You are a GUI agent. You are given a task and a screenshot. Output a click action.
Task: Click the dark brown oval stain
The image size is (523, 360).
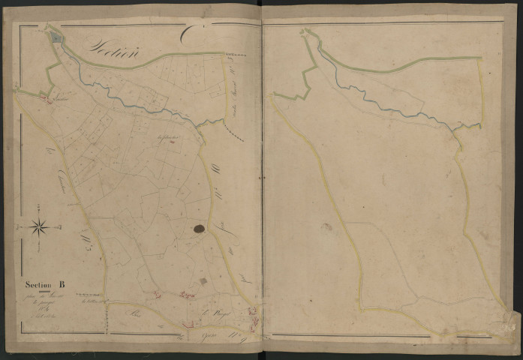[x=200, y=229]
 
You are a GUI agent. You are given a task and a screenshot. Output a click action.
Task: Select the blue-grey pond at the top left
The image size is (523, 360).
[x=55, y=34]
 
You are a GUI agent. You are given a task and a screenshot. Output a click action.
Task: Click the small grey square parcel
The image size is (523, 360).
[x=202, y=280]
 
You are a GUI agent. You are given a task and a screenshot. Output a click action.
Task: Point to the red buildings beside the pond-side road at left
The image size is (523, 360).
[x=44, y=97]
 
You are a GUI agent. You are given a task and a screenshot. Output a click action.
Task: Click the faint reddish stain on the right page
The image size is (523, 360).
[x=326, y=226]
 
